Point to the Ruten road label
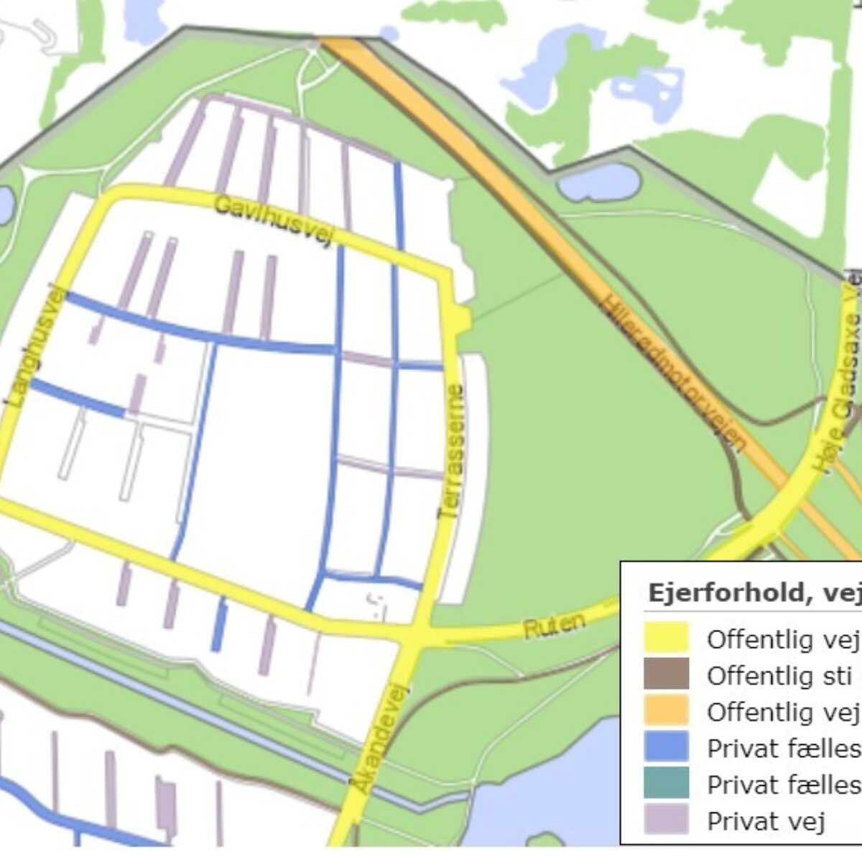[554, 625]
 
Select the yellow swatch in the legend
[666, 638]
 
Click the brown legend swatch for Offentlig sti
[666, 675]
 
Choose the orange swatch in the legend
[666, 711]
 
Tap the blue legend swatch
[666, 747]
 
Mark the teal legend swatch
[666, 784]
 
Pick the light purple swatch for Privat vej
[666, 820]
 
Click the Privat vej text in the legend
[766, 820]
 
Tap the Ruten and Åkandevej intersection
[416, 635]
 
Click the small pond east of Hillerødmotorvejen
[598, 183]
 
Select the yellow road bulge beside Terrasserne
[463, 318]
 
